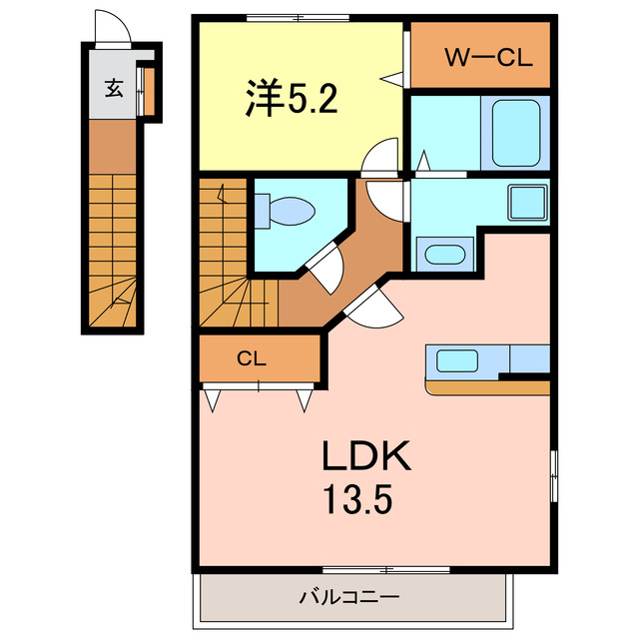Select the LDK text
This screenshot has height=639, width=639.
[x=365, y=457]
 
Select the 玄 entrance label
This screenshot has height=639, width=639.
[x=114, y=88]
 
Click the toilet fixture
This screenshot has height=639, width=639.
[x=285, y=211]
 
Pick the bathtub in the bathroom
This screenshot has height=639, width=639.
[x=514, y=134]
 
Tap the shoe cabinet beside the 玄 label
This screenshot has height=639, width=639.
[x=147, y=90]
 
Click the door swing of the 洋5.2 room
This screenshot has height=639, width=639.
[x=382, y=156]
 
